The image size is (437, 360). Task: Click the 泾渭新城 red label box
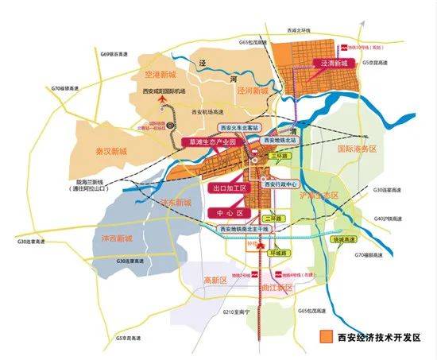tap(335, 62)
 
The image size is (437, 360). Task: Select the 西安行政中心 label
tap(287, 185)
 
